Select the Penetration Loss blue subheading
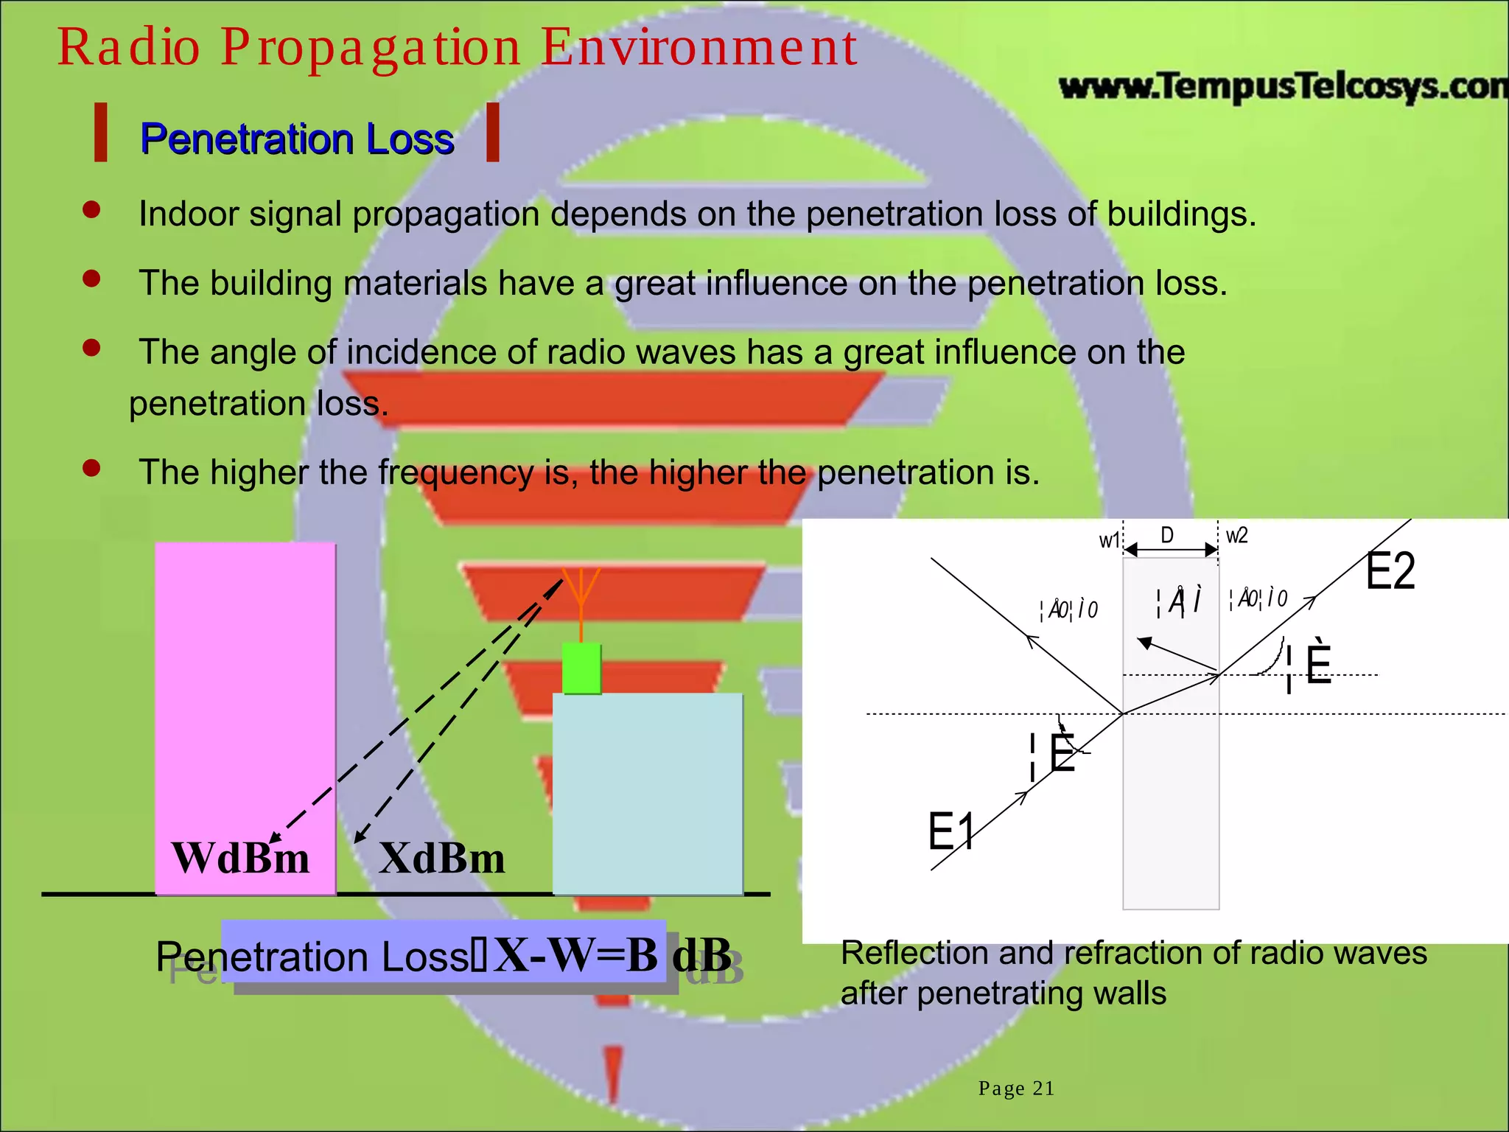[x=297, y=139]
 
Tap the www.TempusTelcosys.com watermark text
[x=1282, y=87]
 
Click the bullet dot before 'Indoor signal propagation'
[x=91, y=210]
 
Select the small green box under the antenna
[x=581, y=668]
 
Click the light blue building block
[x=648, y=792]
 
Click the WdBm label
[x=240, y=859]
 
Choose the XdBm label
[x=442, y=859]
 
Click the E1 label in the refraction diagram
[x=950, y=831]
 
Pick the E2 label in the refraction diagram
[x=1390, y=571]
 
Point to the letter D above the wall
[x=1167, y=535]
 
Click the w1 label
[x=1109, y=541]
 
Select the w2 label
[x=1237, y=536]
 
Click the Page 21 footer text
[x=1016, y=1089]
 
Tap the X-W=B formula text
[x=575, y=956]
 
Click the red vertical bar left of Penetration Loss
[x=101, y=133]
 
